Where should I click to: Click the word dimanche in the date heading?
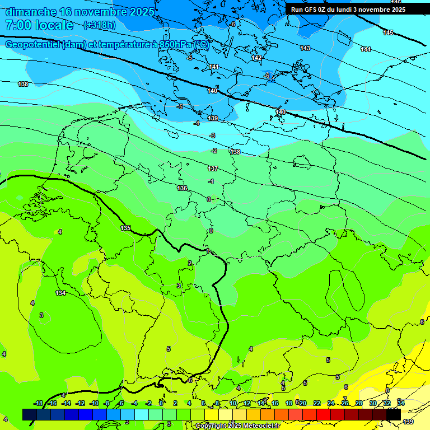point(31,12)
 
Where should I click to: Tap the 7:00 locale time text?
point(39,25)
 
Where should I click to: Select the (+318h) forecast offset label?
point(100,25)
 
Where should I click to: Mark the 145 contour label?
point(388,33)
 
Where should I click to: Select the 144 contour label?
point(366,50)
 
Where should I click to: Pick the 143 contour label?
point(305,49)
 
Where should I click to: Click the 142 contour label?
point(256,58)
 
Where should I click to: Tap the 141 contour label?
point(214,67)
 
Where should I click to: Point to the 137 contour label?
point(213,169)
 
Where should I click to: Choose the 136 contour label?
point(182,188)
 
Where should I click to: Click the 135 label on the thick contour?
point(125,228)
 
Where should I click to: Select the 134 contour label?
point(60,293)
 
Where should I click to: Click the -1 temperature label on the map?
point(211,181)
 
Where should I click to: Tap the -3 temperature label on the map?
point(212,135)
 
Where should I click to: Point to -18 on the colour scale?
point(38,403)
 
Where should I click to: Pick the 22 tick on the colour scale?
point(316,403)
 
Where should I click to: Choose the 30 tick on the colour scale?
point(373,403)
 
